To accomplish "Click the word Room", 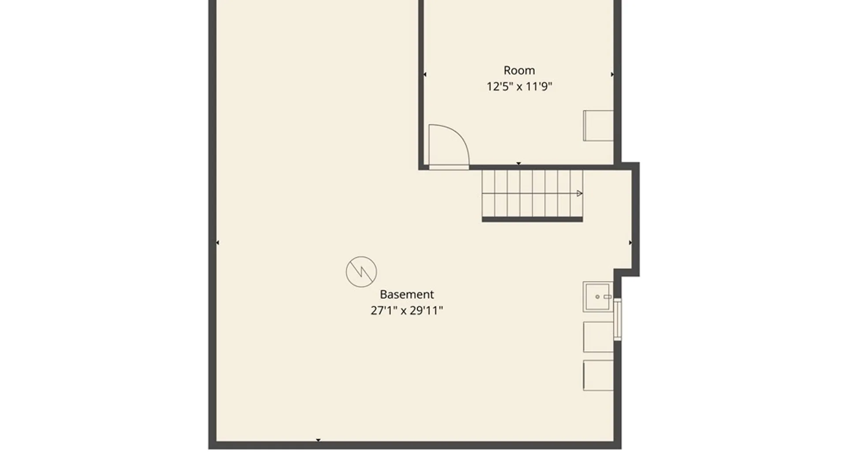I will coord(519,71).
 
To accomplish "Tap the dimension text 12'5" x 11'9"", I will coord(519,86).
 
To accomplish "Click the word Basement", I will coord(407,294).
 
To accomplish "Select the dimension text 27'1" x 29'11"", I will coord(407,311).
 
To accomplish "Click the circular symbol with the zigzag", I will coord(361,272).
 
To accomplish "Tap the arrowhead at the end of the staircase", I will coord(579,193).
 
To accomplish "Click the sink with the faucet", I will coord(598,297).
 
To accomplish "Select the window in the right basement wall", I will coord(618,320).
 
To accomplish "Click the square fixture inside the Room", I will coord(599,126).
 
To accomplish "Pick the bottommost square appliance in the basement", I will coord(599,376).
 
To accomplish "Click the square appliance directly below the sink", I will coord(599,337).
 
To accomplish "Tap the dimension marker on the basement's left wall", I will coord(217,243).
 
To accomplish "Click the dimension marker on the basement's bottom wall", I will coord(318,440).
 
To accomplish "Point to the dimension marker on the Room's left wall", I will coord(424,74).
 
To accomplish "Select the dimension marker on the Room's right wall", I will coord(612,74).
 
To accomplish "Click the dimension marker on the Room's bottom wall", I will coord(519,164).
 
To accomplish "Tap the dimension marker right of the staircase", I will coord(630,243).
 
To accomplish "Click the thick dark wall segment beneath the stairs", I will coord(532,219).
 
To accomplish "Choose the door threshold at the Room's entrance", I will coord(449,167).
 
